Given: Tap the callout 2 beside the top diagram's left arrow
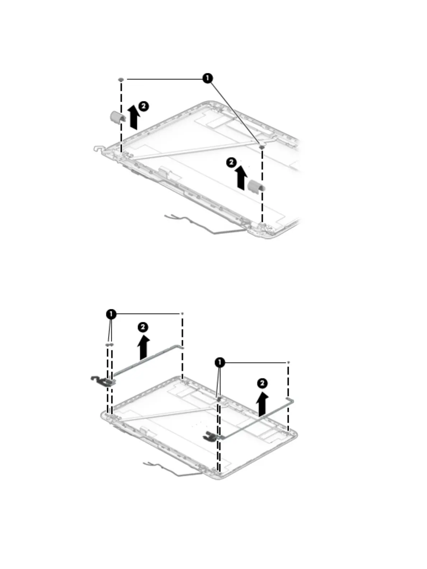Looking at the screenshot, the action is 143,106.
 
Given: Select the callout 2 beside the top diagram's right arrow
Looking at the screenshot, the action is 231,162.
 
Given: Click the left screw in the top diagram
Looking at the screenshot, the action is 121,79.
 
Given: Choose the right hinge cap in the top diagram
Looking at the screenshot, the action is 256,185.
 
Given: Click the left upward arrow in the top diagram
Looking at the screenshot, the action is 134,117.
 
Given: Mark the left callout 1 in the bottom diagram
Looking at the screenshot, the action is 111,314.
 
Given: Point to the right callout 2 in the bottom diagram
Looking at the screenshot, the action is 263,383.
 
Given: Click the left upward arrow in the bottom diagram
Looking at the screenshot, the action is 144,347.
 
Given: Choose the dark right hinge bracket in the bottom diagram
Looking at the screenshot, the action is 209,436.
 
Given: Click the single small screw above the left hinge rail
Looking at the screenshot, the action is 182,314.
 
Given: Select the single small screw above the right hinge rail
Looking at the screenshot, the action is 289,363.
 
